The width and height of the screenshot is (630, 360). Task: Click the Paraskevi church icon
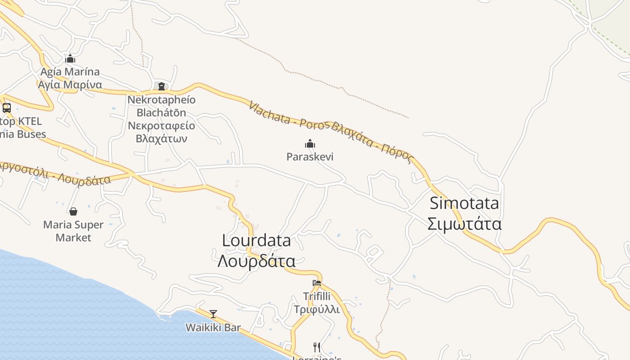(x=310, y=144)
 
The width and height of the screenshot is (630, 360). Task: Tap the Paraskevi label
(x=310, y=157)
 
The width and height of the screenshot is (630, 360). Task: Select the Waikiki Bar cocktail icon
(x=213, y=314)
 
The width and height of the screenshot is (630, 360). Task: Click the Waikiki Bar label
(x=213, y=328)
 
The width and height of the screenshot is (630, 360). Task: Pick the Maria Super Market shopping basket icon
(x=73, y=211)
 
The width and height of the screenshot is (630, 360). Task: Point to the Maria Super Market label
(x=73, y=231)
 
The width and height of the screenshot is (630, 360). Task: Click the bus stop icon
(x=7, y=108)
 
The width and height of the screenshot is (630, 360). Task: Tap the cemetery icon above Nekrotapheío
(x=162, y=86)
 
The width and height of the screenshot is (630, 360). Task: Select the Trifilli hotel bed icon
(x=317, y=283)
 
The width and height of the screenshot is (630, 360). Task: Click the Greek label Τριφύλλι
(x=317, y=310)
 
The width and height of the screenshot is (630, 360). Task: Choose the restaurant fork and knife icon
(x=317, y=347)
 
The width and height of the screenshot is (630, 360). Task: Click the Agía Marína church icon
(x=70, y=58)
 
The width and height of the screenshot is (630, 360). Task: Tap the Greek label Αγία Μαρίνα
(x=70, y=85)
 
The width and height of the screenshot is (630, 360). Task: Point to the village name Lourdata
(x=256, y=240)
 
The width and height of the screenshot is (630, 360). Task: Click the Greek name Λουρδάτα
(x=256, y=261)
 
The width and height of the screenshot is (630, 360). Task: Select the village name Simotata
(x=464, y=203)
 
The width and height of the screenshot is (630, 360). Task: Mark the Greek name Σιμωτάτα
(x=464, y=224)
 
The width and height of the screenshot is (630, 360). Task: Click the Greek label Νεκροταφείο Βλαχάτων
(x=162, y=132)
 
